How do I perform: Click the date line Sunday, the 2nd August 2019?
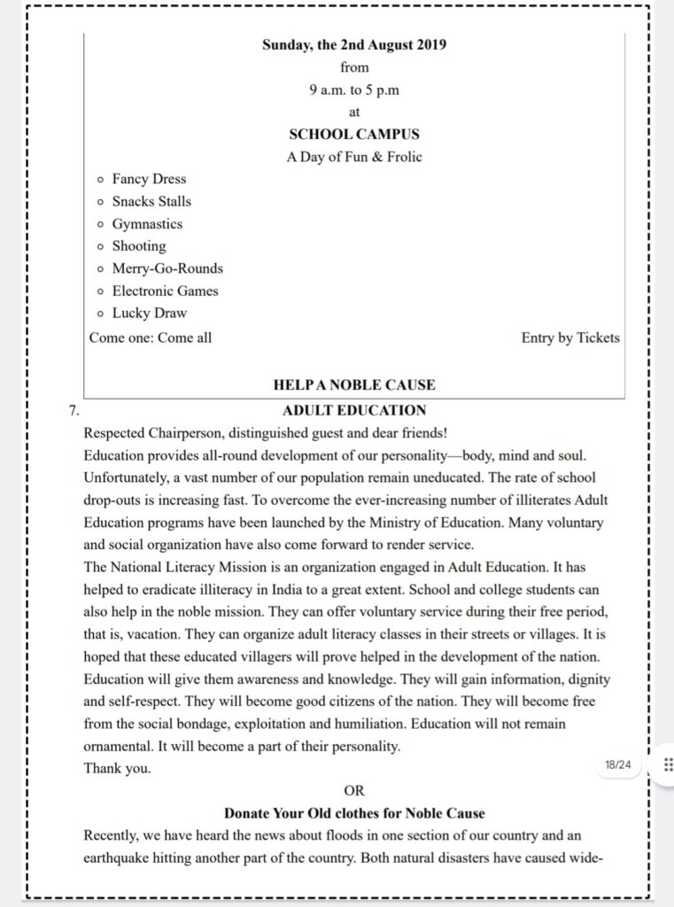[x=353, y=45]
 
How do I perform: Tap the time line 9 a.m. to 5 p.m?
[x=353, y=89]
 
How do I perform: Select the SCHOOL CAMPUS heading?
[x=353, y=135]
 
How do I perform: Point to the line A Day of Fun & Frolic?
[x=353, y=158]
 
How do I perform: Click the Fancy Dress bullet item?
[x=149, y=179]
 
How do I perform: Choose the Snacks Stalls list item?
[x=151, y=201]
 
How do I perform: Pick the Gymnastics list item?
[x=147, y=224]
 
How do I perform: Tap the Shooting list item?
[x=139, y=246]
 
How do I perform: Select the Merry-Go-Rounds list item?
[x=167, y=268]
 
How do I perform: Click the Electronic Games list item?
[x=165, y=291]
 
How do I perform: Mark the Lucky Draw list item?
[x=149, y=313]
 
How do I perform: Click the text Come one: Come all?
[x=151, y=337]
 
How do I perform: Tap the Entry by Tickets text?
[x=570, y=337]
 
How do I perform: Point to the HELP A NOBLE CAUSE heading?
[x=353, y=385]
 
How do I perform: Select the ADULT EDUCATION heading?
[x=353, y=410]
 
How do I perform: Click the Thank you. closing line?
[x=117, y=769]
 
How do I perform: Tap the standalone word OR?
[x=353, y=790]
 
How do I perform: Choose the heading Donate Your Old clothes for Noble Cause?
[x=353, y=813]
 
